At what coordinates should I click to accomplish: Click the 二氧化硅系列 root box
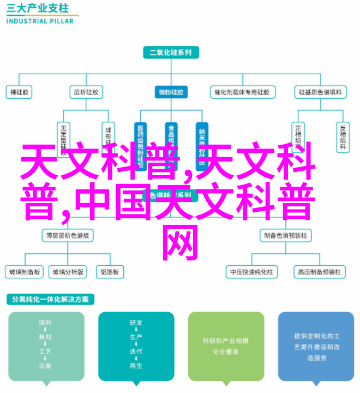click(171, 53)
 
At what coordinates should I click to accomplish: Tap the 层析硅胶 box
click(86, 92)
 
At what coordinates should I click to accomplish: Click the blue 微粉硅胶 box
click(171, 92)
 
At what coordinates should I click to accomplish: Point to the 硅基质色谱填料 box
click(321, 92)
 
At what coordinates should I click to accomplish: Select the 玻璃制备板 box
click(24, 271)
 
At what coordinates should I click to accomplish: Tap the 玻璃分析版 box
click(68, 271)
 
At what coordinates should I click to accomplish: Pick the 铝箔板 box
click(110, 271)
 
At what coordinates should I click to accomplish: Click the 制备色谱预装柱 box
click(285, 235)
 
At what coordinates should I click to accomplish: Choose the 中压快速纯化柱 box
click(251, 271)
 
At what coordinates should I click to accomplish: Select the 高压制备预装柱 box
click(319, 271)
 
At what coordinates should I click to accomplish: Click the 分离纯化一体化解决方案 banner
click(50, 300)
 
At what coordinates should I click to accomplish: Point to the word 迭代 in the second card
click(136, 352)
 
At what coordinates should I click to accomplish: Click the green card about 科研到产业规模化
click(226, 346)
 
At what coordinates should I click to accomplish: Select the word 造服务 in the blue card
click(316, 358)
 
